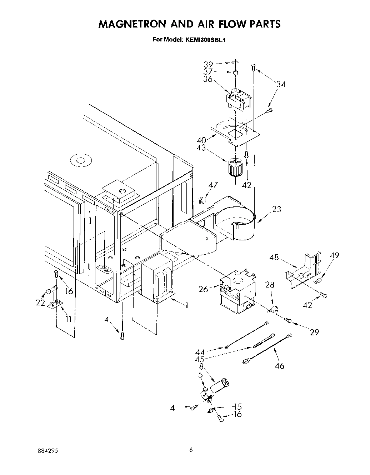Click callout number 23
(276, 209)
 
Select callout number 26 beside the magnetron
(204, 289)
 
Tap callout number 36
(208, 79)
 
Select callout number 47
(213, 185)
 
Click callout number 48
(275, 257)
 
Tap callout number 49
(334, 255)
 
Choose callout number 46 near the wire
(280, 365)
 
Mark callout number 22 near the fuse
(40, 303)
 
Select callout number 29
(314, 332)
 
